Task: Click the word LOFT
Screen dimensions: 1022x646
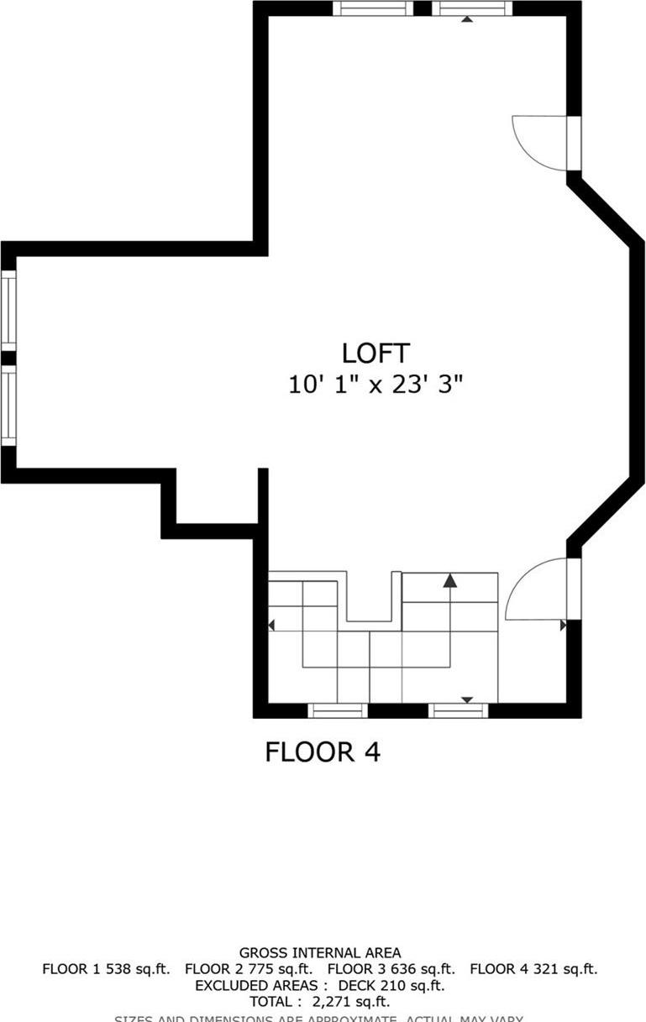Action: coord(376,353)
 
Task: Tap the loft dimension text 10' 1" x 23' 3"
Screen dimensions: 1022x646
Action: coord(376,385)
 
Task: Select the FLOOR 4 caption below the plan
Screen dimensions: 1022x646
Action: coord(323,752)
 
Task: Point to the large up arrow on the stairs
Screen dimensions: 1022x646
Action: coord(450,579)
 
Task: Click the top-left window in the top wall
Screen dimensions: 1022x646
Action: coord(373,8)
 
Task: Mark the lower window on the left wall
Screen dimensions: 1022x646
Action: coord(8,406)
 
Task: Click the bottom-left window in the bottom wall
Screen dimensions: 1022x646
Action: coord(338,710)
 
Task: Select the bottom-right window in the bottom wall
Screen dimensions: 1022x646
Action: coord(459,710)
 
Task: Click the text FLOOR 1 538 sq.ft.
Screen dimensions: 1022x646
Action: coord(106,969)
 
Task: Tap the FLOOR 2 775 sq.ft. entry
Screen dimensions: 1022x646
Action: coord(249,969)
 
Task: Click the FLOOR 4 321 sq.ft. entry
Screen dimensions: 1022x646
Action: coord(533,969)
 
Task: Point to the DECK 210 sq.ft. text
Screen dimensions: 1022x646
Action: coord(391,985)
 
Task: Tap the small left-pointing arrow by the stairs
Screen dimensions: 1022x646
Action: coord(271,625)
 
